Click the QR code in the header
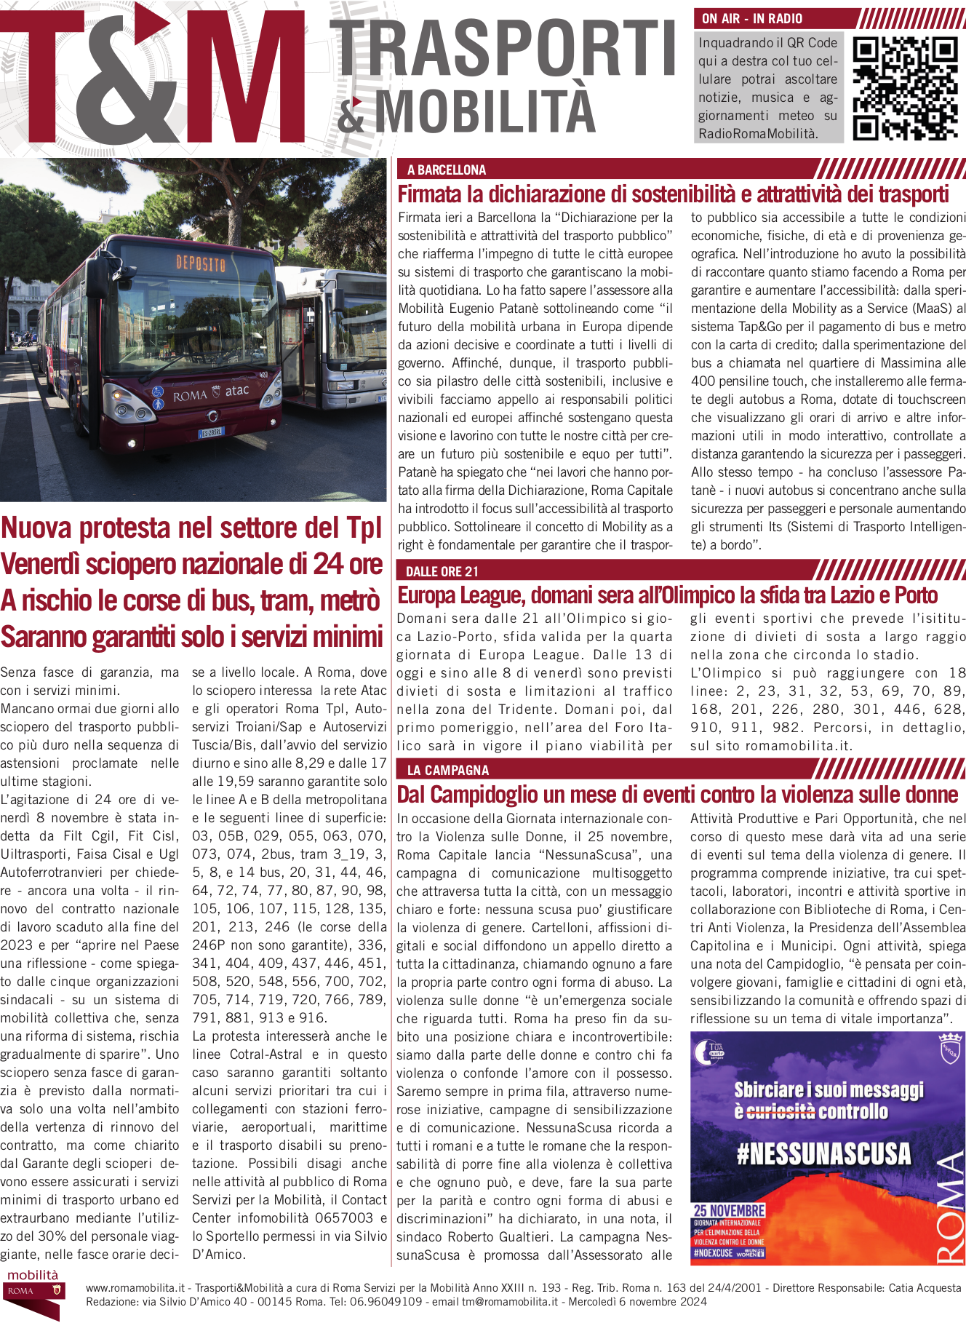(x=904, y=87)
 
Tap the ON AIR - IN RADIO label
(x=752, y=19)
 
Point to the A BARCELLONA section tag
(x=447, y=170)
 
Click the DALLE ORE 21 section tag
(x=442, y=571)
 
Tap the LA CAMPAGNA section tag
(x=448, y=770)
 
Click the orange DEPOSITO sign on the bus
(x=201, y=263)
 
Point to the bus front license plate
(x=212, y=432)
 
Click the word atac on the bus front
(x=237, y=391)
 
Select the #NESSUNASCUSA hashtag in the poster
(x=823, y=1154)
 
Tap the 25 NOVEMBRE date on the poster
(x=729, y=1210)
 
